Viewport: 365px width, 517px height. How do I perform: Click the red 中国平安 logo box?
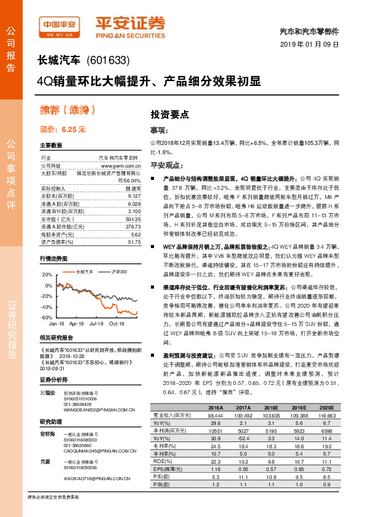pyautogui.click(x=60, y=24)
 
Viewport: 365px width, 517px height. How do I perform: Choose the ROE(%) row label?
pyautogui.click(x=163, y=462)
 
